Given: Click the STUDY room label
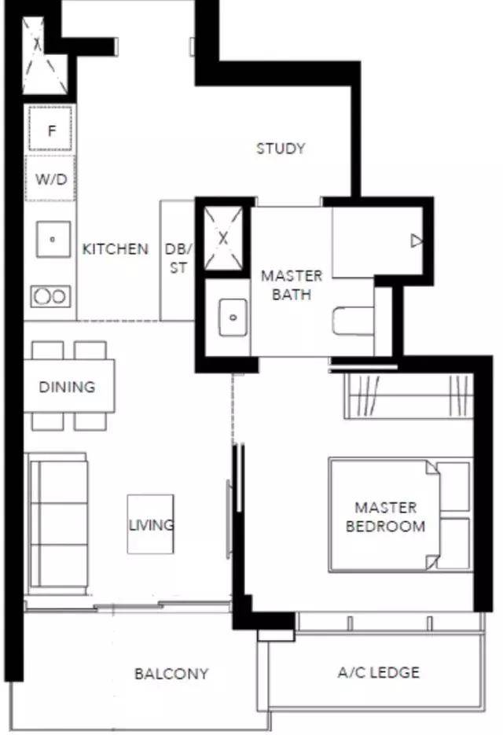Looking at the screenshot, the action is pos(281,149).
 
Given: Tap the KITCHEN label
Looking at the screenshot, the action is pos(116,248).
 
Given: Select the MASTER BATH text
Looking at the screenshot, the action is pos(292,285).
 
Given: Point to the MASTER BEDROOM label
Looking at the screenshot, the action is pos(385,516).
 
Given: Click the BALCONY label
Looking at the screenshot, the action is pos(171,674).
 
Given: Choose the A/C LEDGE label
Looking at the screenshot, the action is pos(379,672).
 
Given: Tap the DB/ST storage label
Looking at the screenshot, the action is pos(178,259).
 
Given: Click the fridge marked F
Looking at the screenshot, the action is pos(50,129).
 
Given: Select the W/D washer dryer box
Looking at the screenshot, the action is pos(50,178).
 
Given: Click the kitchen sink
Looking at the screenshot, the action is pos(53,239).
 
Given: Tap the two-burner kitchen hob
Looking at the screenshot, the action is pos(50,296).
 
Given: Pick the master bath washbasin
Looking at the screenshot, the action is pos(233,318).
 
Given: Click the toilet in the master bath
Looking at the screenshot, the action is pos(353,321).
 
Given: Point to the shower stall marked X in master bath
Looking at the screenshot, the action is pos(224,238).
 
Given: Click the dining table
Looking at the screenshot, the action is pos(69,386).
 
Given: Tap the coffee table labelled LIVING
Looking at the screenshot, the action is pos(150,524).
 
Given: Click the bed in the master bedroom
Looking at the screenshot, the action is pos(401,515).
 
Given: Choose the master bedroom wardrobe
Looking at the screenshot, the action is pos(409,395).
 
